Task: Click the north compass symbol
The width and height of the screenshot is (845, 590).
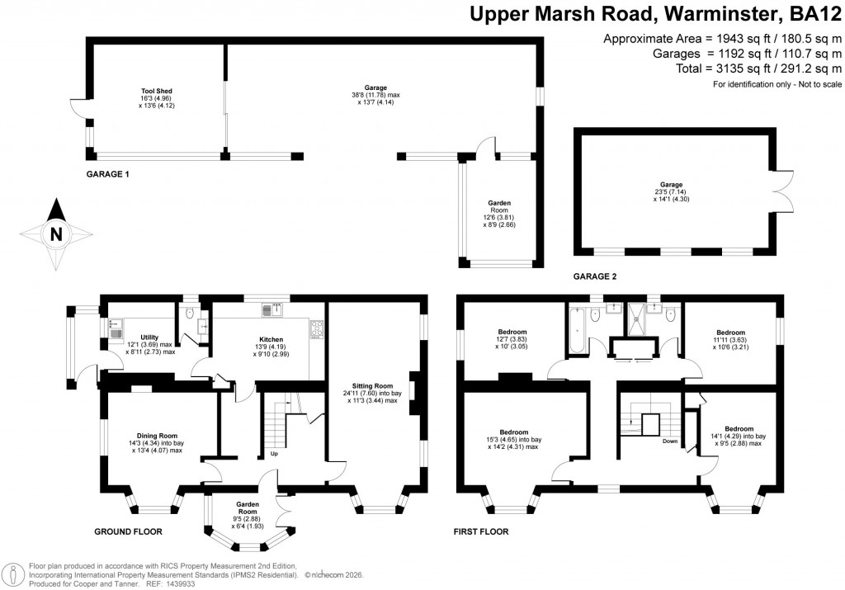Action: click(55, 234)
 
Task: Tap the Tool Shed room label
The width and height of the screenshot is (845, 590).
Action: click(156, 91)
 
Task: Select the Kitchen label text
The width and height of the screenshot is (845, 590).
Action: click(271, 339)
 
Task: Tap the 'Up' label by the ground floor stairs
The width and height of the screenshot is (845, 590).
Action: click(273, 454)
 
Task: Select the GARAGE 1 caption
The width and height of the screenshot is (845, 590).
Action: click(107, 175)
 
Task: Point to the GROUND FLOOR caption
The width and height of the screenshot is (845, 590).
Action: click(128, 531)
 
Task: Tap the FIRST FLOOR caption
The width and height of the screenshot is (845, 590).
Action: click(481, 531)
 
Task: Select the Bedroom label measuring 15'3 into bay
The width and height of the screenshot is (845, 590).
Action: click(513, 432)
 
